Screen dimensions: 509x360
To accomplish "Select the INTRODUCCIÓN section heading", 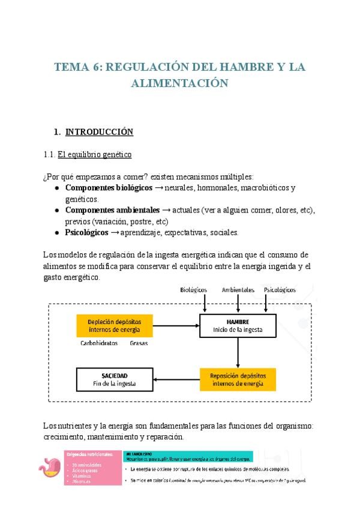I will pyautogui.click(x=99, y=131).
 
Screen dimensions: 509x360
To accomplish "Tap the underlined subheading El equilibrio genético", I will pyautogui.click(x=94, y=154).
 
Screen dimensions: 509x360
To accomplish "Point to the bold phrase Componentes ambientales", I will pyautogui.click(x=111, y=210).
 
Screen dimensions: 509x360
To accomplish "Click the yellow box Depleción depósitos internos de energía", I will pyautogui.click(x=114, y=325).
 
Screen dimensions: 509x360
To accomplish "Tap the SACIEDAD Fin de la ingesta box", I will pyautogui.click(x=114, y=378).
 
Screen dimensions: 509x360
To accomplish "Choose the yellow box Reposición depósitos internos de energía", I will pyautogui.click(x=238, y=378).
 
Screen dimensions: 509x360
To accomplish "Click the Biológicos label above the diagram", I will pyautogui.click(x=193, y=289).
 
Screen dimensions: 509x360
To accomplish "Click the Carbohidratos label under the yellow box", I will pyautogui.click(x=98, y=344).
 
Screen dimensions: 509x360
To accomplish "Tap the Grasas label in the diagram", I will pyautogui.click(x=139, y=344).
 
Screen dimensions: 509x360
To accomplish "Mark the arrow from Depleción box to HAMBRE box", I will pyautogui.click(x=175, y=325).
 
